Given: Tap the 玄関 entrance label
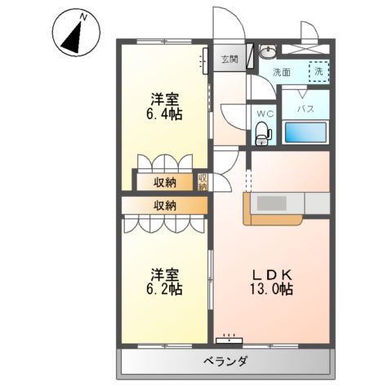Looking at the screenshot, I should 229,60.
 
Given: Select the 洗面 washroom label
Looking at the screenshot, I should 282,71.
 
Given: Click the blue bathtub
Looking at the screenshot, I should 305,132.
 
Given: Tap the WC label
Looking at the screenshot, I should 264,112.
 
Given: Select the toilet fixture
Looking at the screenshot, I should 262,131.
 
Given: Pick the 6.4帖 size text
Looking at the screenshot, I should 164,114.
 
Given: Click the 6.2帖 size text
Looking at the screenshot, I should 164,289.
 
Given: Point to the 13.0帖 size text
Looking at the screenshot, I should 272,289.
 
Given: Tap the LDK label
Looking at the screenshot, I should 272,274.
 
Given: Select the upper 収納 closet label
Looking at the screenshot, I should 164,181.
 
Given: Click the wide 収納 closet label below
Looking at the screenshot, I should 164,205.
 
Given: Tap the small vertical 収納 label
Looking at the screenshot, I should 203,182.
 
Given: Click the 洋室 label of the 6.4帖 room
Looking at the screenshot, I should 164,99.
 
